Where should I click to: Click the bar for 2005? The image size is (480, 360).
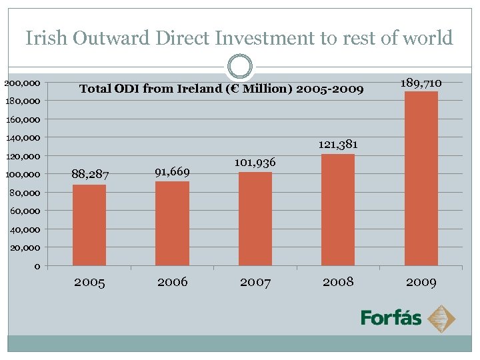click(x=89, y=225)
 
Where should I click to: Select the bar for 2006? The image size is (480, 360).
click(x=172, y=224)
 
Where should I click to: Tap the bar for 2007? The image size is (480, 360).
click(x=255, y=219)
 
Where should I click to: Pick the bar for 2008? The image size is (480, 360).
click(x=338, y=210)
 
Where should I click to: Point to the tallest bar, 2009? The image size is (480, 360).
click(x=421, y=179)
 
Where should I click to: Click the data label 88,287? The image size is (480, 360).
click(x=89, y=175)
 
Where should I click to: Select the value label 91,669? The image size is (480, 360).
click(x=172, y=172)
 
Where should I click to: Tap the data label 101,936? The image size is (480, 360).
click(x=255, y=163)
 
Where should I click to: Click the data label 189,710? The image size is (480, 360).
click(x=421, y=83)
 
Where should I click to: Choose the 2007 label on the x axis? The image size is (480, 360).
click(x=255, y=282)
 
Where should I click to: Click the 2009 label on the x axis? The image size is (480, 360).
click(x=421, y=282)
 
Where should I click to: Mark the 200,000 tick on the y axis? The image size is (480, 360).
click(x=22, y=83)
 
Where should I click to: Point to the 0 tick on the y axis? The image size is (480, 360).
click(x=37, y=267)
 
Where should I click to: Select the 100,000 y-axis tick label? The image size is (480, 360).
click(x=22, y=175)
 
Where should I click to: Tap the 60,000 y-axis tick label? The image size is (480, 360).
click(x=25, y=211)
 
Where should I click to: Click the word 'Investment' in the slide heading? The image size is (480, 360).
click(x=261, y=38)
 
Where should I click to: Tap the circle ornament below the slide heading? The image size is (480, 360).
click(x=240, y=67)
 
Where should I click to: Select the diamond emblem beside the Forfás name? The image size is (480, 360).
click(x=441, y=318)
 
